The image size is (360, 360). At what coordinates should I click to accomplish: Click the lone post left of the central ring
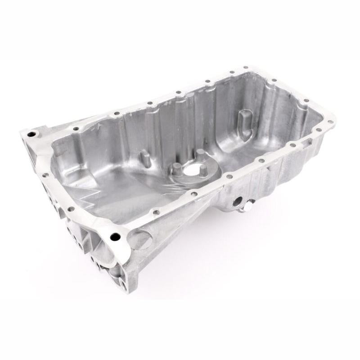(x=145, y=158)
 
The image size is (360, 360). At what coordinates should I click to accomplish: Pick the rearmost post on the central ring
(x=198, y=154)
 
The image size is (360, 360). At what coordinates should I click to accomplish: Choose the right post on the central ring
(x=204, y=170)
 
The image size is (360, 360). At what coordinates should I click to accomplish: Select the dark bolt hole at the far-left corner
(x=31, y=134)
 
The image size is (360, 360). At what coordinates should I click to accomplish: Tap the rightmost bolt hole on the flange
(x=329, y=120)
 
